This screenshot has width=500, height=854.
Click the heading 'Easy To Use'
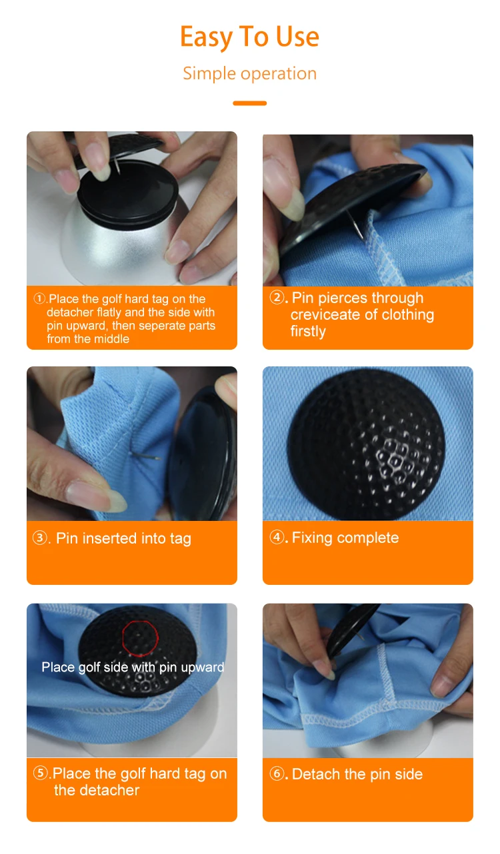pyautogui.click(x=249, y=37)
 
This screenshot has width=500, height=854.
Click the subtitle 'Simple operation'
pyautogui.click(x=249, y=73)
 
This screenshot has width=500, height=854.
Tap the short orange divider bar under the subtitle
pyautogui.click(x=249, y=103)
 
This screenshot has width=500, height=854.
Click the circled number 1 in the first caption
pyautogui.click(x=39, y=298)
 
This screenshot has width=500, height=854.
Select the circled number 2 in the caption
pyautogui.click(x=277, y=297)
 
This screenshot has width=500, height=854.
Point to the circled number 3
pyautogui.click(x=40, y=538)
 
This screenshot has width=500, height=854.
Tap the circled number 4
pyautogui.click(x=277, y=537)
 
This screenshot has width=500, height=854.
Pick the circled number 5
pyautogui.click(x=40, y=773)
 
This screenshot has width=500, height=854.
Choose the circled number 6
pyautogui.click(x=277, y=773)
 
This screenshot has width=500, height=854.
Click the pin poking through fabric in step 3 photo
pyautogui.click(x=146, y=456)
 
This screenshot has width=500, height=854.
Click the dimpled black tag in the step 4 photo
pyautogui.click(x=367, y=444)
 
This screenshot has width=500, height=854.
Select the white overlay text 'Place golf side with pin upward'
pyautogui.click(x=133, y=667)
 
